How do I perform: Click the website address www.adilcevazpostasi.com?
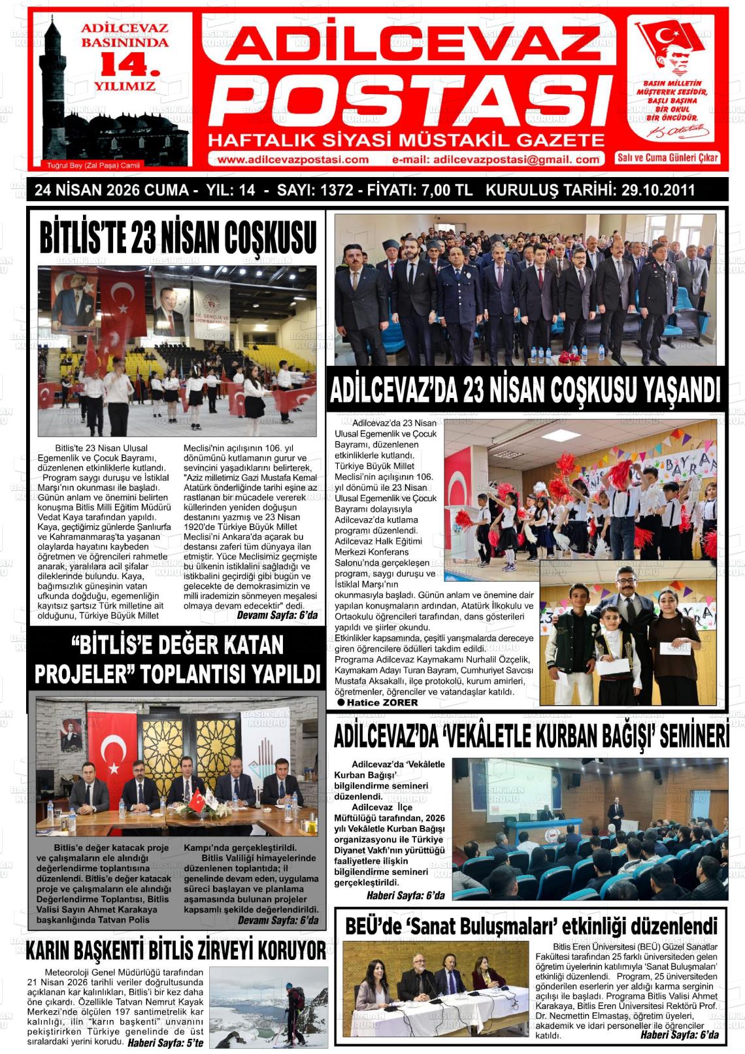coord(293,159)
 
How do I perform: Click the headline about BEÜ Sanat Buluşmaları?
coord(531,925)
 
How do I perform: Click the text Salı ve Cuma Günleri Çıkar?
coord(668,157)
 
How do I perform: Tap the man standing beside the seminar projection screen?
coord(614,813)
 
